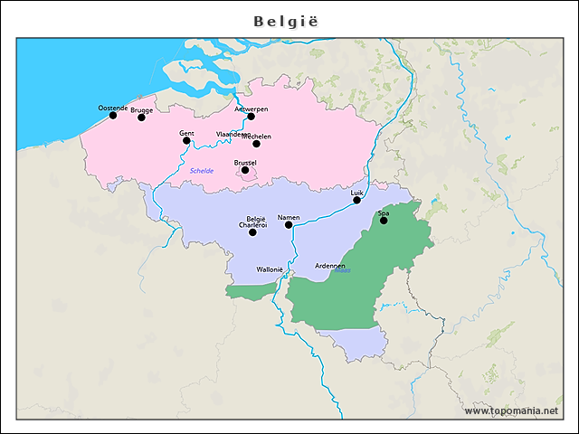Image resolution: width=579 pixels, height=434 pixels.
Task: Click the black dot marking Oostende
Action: point(113,115)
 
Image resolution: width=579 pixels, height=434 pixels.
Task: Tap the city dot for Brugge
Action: point(141,118)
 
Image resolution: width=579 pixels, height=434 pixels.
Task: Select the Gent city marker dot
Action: point(186,140)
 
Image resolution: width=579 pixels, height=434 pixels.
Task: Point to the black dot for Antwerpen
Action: point(251,116)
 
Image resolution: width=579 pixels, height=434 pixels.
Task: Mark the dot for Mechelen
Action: point(256,143)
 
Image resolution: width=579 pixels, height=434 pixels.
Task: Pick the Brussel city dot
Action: point(245,169)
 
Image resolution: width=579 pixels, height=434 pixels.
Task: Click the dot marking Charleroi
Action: point(252,232)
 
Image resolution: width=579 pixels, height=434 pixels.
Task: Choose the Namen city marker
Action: point(289,224)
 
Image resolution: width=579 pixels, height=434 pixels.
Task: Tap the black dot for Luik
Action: point(356,200)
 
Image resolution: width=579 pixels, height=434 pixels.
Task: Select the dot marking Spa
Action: point(383,220)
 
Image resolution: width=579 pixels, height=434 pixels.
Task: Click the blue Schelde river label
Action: point(202,171)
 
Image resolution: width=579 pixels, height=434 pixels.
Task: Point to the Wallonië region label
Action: point(271,269)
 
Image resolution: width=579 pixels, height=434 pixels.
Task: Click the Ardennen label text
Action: point(330,266)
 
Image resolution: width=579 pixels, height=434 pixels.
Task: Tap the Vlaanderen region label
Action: point(233,134)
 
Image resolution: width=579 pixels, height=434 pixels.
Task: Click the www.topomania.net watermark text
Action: point(511,411)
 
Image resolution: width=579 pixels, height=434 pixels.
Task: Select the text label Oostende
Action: point(113,108)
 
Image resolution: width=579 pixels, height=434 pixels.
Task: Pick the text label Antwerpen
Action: point(252,108)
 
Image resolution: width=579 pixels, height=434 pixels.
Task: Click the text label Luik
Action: point(356,193)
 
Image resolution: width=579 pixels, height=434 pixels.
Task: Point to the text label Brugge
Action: point(142,110)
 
